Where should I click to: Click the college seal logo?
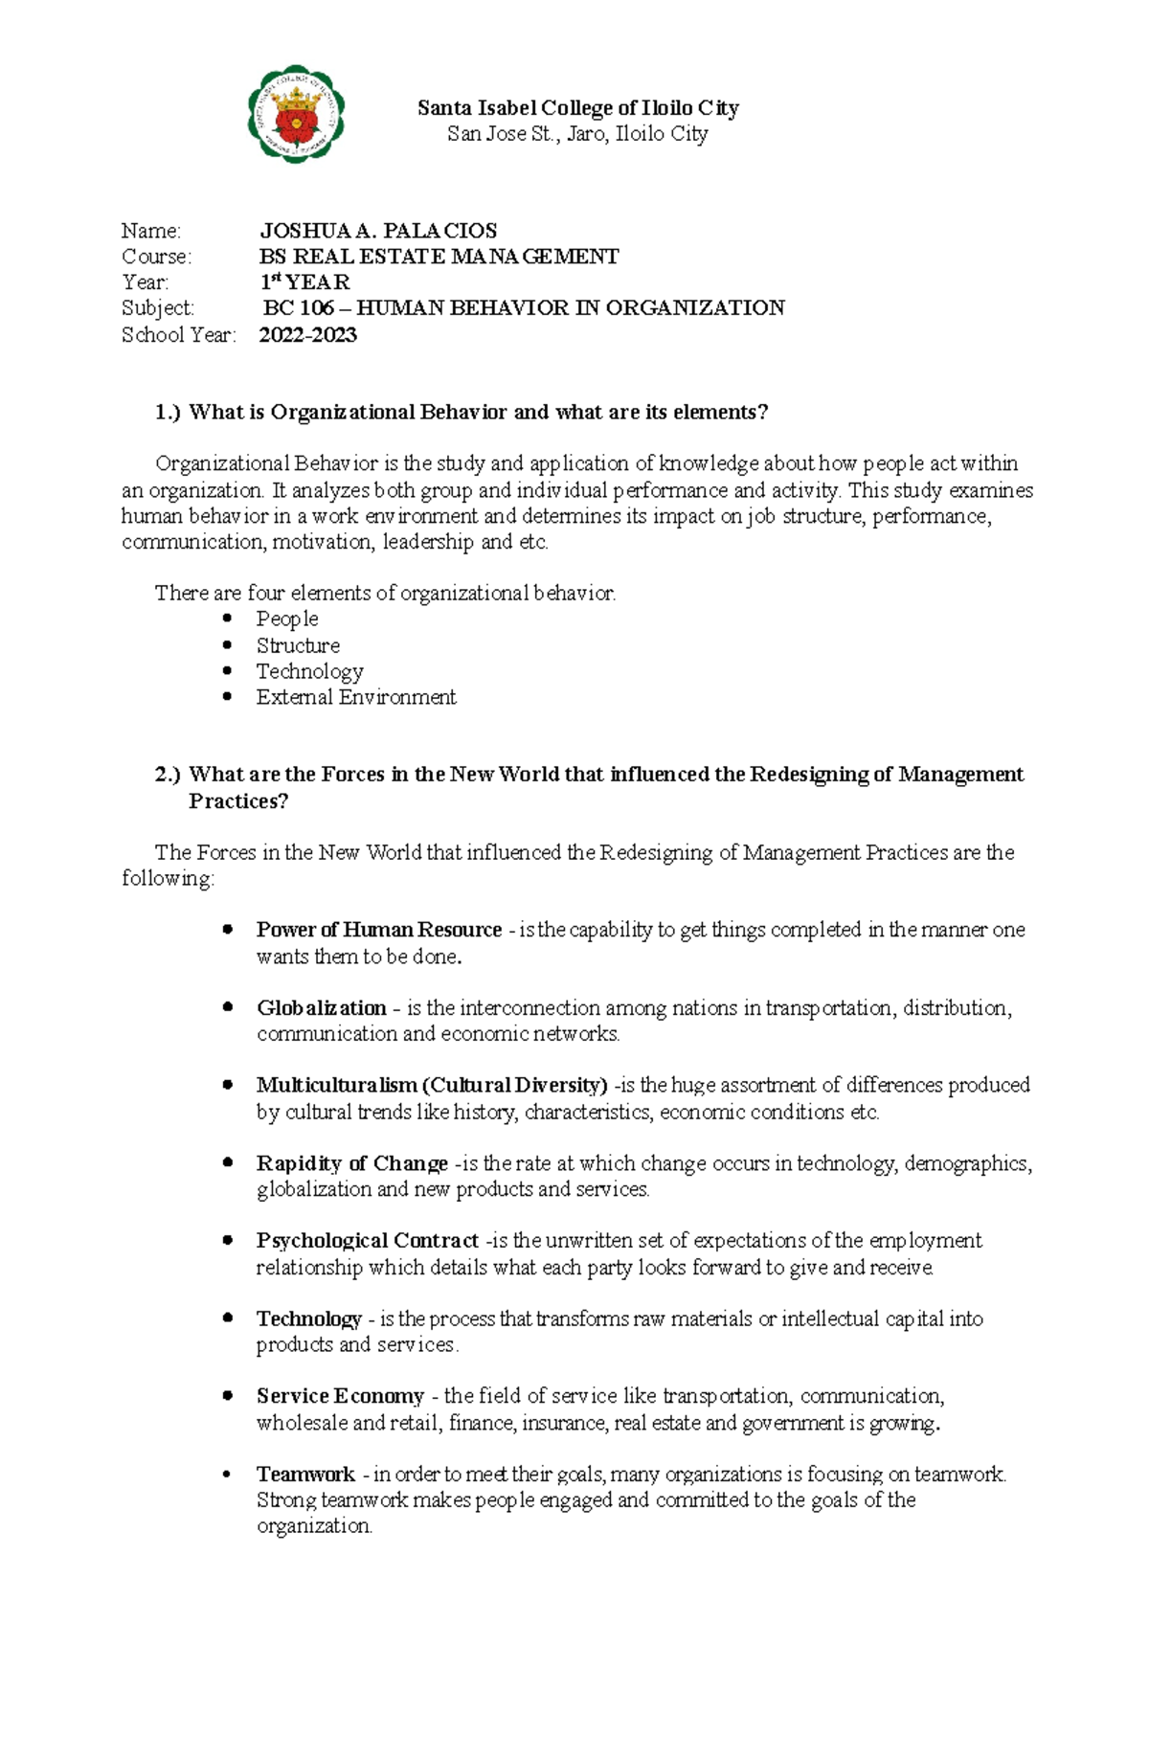coord(296,114)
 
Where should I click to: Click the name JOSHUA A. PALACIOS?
coord(378,231)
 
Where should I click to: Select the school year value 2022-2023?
coord(307,334)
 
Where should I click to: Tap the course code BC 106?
coord(299,307)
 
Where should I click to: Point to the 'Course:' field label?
coord(156,257)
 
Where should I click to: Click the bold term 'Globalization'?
coord(321,1007)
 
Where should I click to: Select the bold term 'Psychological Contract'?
coord(367,1240)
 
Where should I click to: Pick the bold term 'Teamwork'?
coord(305,1474)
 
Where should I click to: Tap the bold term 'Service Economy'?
coord(340,1395)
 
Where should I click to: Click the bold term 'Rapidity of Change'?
coord(351,1162)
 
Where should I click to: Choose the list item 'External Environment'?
coord(355,697)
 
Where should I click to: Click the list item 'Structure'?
coord(298,645)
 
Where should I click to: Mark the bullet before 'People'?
coord(227,619)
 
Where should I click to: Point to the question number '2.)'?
coord(168,774)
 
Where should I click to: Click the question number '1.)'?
coord(168,412)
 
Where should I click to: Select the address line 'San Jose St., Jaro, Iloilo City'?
coord(577,134)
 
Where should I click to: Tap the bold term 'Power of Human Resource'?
coord(378,929)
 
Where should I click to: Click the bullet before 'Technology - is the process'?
coord(227,1318)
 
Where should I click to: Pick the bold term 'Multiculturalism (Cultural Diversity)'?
coord(432,1085)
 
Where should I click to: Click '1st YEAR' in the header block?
coord(305,282)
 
